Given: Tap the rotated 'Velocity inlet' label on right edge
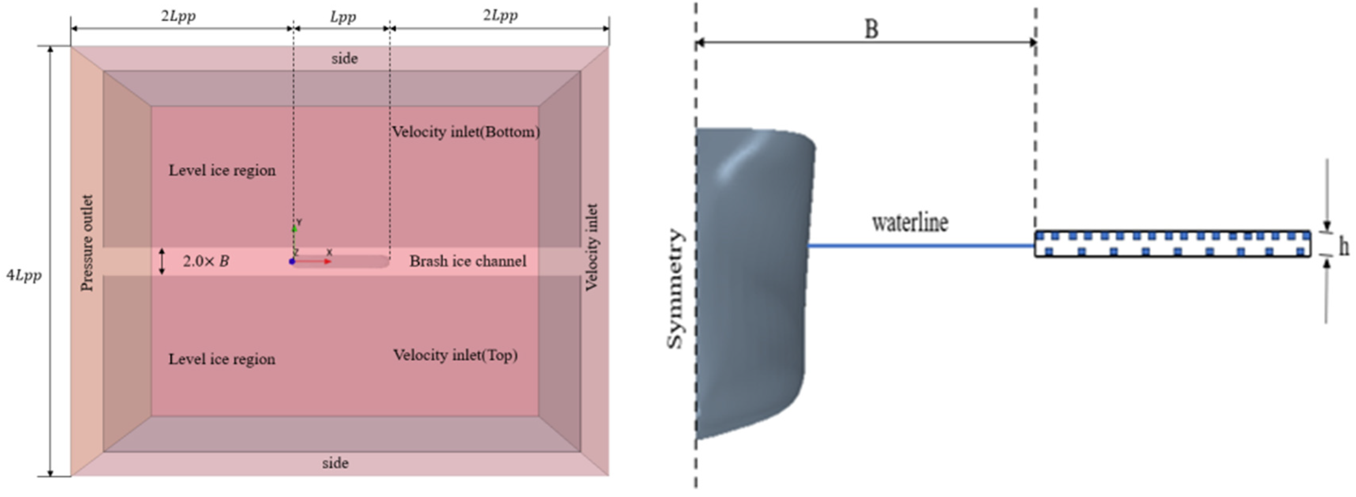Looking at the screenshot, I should (x=592, y=247).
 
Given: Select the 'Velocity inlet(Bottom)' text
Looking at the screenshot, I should (x=466, y=132).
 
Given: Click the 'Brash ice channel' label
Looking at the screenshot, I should (x=467, y=261).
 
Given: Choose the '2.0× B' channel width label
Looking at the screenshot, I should (x=206, y=261).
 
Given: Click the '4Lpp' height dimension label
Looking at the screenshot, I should (x=24, y=275).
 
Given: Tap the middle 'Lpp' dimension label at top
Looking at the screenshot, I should (x=343, y=17).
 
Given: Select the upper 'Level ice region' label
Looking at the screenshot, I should (x=222, y=171).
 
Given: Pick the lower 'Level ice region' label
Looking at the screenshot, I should (x=222, y=359).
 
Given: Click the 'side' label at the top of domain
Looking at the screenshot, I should (x=344, y=58).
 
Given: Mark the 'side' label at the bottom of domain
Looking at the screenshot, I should (x=335, y=463).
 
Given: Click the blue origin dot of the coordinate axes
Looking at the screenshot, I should (x=292, y=262).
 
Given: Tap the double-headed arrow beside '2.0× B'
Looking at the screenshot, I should (x=162, y=261).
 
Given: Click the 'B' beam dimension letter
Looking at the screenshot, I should (x=872, y=29).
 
